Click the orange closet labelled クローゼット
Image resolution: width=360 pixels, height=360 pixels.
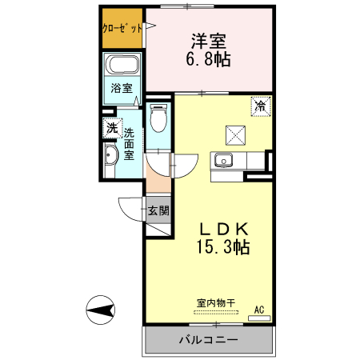click(x=122, y=28)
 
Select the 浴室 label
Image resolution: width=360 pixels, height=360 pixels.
click(x=122, y=88)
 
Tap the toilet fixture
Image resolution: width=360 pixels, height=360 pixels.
click(x=158, y=118)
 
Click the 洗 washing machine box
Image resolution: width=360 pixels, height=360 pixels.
click(x=110, y=127)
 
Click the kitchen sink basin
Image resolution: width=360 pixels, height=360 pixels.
click(x=222, y=158)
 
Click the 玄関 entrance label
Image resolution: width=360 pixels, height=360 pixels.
click(x=158, y=211)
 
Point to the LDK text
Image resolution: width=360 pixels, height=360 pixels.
click(x=225, y=226)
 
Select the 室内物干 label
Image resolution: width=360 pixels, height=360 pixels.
click(x=216, y=302)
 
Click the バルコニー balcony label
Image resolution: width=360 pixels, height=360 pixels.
click(x=207, y=339)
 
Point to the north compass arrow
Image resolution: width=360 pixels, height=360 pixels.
click(x=102, y=310)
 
